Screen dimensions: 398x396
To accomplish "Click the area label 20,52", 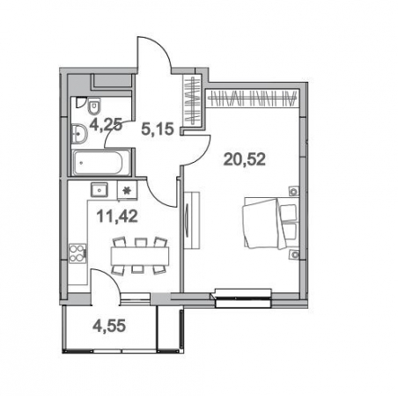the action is (245, 160).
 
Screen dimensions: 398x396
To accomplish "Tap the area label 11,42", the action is (117, 216).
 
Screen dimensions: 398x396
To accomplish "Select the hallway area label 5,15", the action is (158, 129).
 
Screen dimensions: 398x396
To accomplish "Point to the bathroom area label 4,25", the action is (106, 126).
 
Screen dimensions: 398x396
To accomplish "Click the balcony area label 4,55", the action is (109, 326).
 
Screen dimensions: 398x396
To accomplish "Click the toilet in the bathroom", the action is (94, 106).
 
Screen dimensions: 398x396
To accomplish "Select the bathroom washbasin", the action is (79, 134).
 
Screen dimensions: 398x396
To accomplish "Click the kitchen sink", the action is (99, 190).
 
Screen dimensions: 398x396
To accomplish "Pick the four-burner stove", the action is (77, 253).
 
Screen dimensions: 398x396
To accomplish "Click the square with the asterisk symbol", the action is (127, 190).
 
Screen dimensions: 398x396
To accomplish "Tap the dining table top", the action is (140, 256).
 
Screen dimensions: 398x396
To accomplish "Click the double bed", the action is (270, 224).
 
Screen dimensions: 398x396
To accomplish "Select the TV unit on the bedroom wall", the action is (192, 221).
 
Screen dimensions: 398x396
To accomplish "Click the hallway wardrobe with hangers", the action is (192, 100).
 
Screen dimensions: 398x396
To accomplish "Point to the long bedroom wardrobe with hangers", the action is (253, 99).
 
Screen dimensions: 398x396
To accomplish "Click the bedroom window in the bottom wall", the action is (243, 298).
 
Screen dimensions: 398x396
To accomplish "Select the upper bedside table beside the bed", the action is (294, 191).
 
